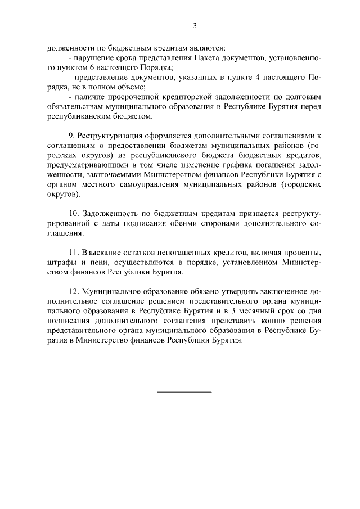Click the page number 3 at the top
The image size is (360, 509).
point(195,25)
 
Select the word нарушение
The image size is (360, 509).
point(92,58)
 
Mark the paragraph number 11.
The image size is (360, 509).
point(74,253)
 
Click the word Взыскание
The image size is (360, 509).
point(102,253)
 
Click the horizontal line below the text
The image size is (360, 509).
point(183,390)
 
